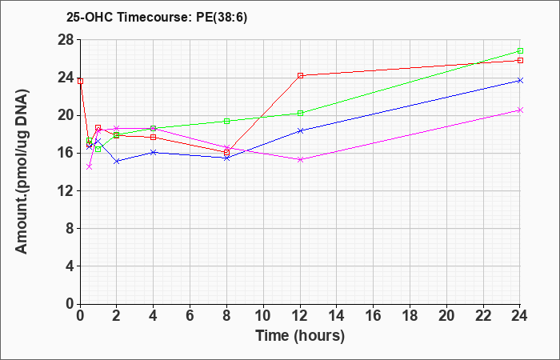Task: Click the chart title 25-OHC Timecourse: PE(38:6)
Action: (x=157, y=18)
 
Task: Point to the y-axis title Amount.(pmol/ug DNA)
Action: (x=22, y=171)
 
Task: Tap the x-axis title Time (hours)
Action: (x=300, y=336)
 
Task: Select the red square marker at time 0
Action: (x=80, y=81)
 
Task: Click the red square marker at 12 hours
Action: (x=300, y=75)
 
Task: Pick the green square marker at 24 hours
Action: (x=520, y=50)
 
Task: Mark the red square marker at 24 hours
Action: (x=520, y=60)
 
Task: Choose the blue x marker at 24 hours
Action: (x=520, y=80)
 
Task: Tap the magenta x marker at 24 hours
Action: (x=520, y=110)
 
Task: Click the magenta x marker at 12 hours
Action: (x=300, y=160)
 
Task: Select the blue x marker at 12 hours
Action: (x=300, y=130)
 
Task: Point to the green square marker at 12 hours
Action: (x=300, y=114)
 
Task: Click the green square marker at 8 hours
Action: (x=226, y=121)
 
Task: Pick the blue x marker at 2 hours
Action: (x=117, y=161)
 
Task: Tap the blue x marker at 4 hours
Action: (x=154, y=152)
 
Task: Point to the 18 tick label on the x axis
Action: (x=410, y=316)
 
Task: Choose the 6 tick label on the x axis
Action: (x=190, y=316)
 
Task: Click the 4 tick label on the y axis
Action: (x=70, y=266)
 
